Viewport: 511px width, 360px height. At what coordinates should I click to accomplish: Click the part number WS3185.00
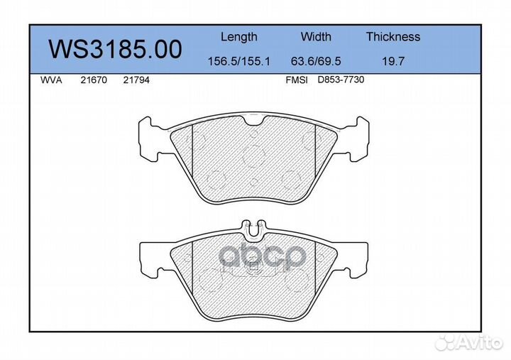pyautogui.click(x=114, y=49)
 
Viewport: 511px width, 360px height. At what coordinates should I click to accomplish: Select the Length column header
pyautogui.click(x=238, y=37)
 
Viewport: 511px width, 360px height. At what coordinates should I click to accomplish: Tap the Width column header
pyautogui.click(x=316, y=37)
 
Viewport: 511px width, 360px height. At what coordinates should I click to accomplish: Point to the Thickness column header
pyautogui.click(x=392, y=37)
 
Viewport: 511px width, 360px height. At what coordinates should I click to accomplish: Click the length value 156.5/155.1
pyautogui.click(x=238, y=61)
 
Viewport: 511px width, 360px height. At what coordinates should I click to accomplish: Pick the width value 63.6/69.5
pyautogui.click(x=316, y=61)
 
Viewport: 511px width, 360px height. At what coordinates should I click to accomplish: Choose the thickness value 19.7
pyautogui.click(x=392, y=61)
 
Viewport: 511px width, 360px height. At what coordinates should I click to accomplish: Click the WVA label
pyautogui.click(x=51, y=80)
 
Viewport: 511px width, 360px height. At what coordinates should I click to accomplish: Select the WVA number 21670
pyautogui.click(x=93, y=80)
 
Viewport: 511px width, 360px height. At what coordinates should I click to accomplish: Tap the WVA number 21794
pyautogui.click(x=136, y=80)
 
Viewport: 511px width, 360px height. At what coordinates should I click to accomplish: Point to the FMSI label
pyautogui.click(x=296, y=80)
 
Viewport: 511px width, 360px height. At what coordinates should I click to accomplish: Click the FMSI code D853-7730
pyautogui.click(x=341, y=80)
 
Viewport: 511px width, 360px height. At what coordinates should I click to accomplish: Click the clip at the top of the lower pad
pyautogui.click(x=253, y=227)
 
